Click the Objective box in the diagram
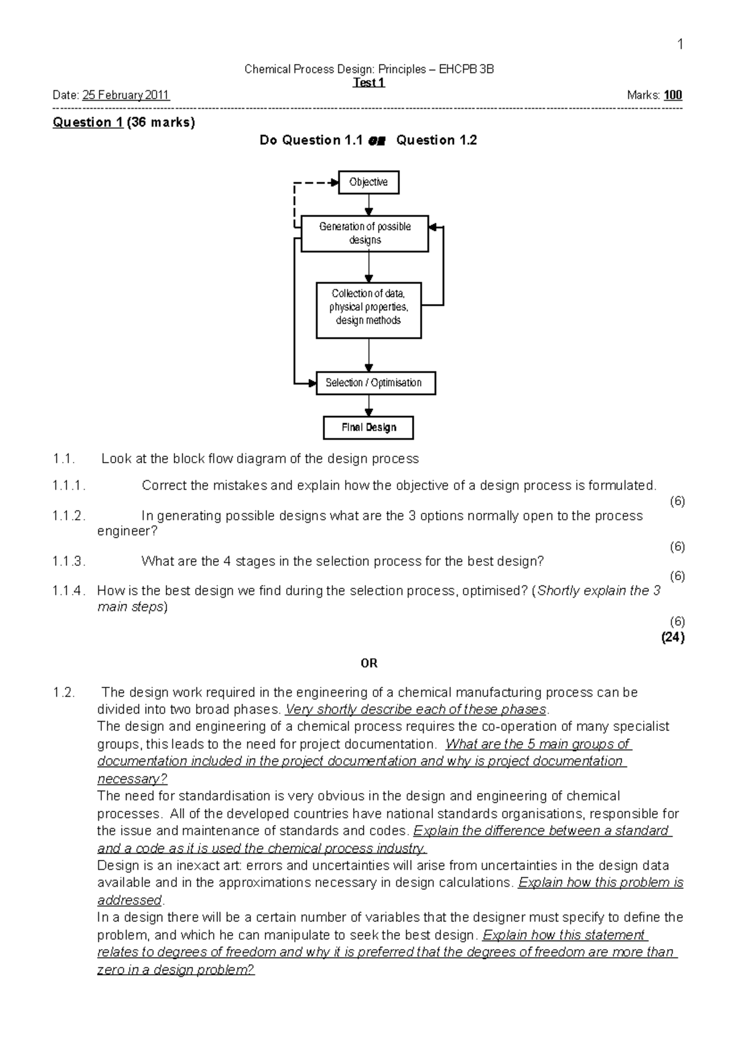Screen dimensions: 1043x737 tap(368, 182)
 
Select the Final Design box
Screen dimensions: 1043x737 tap(368, 428)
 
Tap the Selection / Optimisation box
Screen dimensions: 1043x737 tap(375, 383)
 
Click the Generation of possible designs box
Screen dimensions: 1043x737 tap(365, 233)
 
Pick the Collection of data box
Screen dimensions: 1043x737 tap(368, 310)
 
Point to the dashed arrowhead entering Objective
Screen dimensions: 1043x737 tap(335, 182)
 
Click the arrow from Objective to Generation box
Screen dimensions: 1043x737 tap(368, 205)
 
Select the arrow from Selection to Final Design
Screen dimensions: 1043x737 tap(368, 406)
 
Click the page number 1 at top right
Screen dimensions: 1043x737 tap(679, 44)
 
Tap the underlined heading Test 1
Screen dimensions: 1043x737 tap(368, 82)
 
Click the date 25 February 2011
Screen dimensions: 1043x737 tap(126, 95)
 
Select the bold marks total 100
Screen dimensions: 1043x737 tap(673, 95)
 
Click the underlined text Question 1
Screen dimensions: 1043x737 tap(88, 122)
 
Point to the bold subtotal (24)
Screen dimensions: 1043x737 tap(673, 637)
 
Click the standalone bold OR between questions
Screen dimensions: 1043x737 tap(368, 663)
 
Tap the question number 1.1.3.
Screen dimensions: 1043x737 tap(69, 561)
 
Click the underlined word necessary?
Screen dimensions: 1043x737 tap(132, 779)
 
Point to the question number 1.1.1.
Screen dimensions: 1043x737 tap(69, 486)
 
